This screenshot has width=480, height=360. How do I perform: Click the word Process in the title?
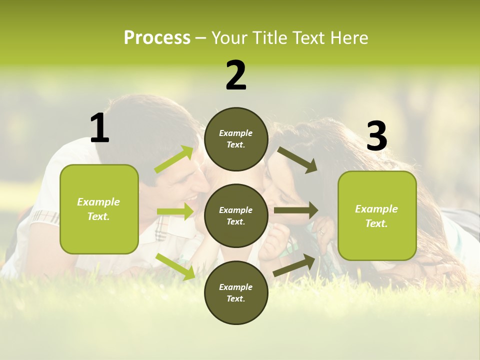click(x=157, y=38)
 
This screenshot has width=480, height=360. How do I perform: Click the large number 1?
click(x=99, y=128)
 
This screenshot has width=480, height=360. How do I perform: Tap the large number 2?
click(x=236, y=75)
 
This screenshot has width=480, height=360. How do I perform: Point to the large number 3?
click(x=376, y=136)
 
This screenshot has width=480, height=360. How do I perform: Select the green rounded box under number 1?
click(x=99, y=209)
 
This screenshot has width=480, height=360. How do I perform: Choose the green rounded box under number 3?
click(x=377, y=216)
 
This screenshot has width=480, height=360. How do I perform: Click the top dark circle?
click(x=236, y=139)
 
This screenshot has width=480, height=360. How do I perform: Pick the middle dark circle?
click(x=236, y=215)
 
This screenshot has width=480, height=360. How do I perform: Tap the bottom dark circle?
click(x=236, y=292)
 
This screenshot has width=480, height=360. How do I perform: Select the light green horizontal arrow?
click(x=175, y=211)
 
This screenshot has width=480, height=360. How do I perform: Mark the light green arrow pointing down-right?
click(x=175, y=266)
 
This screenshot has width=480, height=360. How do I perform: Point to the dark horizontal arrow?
click(x=296, y=210)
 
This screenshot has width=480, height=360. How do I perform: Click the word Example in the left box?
click(x=98, y=202)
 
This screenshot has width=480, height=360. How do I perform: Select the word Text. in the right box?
click(x=376, y=223)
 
